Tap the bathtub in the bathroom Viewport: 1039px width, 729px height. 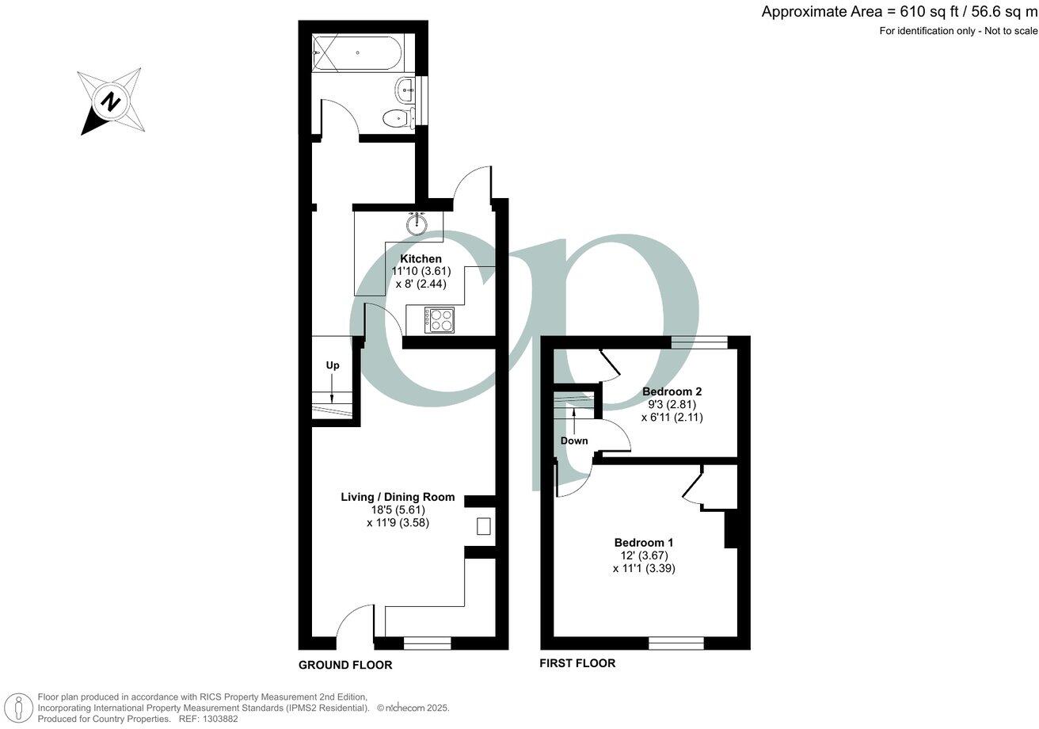tap(357, 53)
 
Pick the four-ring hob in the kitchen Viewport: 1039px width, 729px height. tap(439, 320)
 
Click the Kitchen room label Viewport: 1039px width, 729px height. tap(421, 259)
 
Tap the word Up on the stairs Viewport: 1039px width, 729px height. tap(333, 365)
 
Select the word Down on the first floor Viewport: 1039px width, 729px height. tap(574, 441)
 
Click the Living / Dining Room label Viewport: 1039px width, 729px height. tap(398, 497)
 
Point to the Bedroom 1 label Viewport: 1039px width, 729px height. tap(644, 543)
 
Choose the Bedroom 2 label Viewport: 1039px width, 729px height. tap(672, 391)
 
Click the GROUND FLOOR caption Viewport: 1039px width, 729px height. tap(345, 665)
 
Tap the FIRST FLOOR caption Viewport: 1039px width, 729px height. tap(577, 663)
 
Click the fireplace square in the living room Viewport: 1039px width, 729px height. tap(483, 526)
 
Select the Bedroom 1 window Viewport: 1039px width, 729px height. tap(676, 643)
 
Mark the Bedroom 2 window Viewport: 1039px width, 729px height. tap(699, 342)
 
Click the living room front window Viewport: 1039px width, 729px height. tap(427, 643)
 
